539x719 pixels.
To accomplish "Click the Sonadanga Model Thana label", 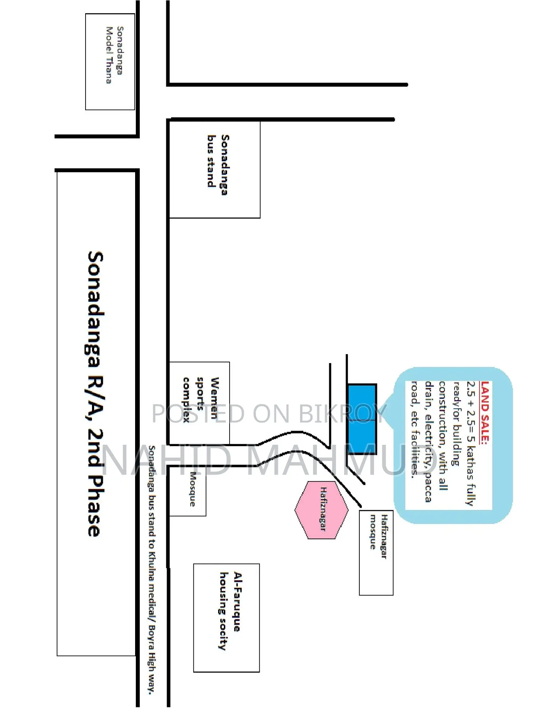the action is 114,55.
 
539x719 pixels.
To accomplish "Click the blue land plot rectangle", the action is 362,419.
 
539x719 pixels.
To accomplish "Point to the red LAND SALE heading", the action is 485,412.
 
